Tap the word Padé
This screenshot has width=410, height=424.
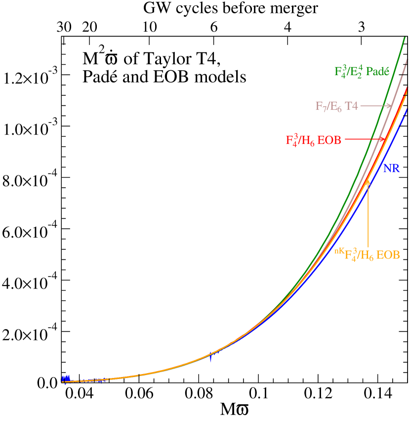(377, 71)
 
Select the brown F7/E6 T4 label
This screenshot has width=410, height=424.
(336, 106)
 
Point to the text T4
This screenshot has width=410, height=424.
(351, 106)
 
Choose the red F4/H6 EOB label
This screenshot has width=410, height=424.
(313, 140)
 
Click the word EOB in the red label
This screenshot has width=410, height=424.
(329, 140)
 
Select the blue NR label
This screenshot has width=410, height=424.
(391, 169)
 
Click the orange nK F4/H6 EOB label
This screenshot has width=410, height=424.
(367, 255)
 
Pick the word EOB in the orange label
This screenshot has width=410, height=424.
(388, 255)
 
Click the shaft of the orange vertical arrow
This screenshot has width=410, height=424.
(368, 212)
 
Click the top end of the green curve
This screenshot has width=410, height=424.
(405, 38)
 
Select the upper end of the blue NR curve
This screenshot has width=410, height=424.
(408, 109)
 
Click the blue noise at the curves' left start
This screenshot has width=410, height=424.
(65, 379)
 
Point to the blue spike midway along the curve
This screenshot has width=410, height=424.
(211, 358)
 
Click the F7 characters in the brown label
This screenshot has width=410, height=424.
(321, 106)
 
